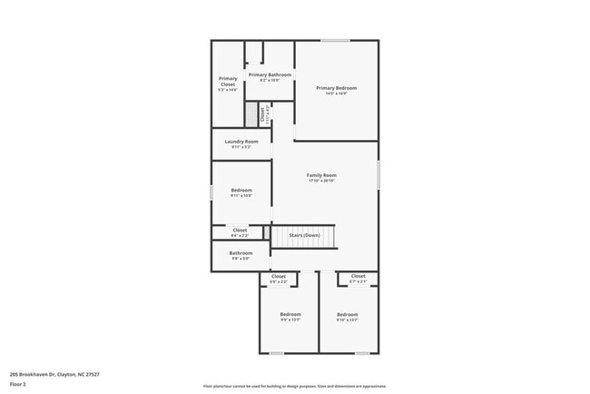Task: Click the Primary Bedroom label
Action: pyautogui.click(x=336, y=88)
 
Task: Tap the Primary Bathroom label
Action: pyautogui.click(x=270, y=74)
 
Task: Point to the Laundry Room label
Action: pyautogui.click(x=241, y=142)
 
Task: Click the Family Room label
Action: pyautogui.click(x=321, y=175)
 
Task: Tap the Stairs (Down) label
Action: pyautogui.click(x=304, y=236)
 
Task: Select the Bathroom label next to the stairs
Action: pyautogui.click(x=241, y=253)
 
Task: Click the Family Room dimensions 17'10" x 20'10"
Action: pyautogui.click(x=321, y=181)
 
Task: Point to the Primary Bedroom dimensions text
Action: pyautogui.click(x=336, y=94)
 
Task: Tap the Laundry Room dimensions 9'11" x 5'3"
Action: pyautogui.click(x=241, y=147)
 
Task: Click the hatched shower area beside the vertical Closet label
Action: pyautogui.click(x=251, y=114)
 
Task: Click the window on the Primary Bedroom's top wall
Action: pyautogui.click(x=335, y=40)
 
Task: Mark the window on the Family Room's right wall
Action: pyautogui.click(x=379, y=174)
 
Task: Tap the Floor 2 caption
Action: pyautogui.click(x=19, y=384)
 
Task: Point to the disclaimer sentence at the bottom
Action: pyautogui.click(x=294, y=386)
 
